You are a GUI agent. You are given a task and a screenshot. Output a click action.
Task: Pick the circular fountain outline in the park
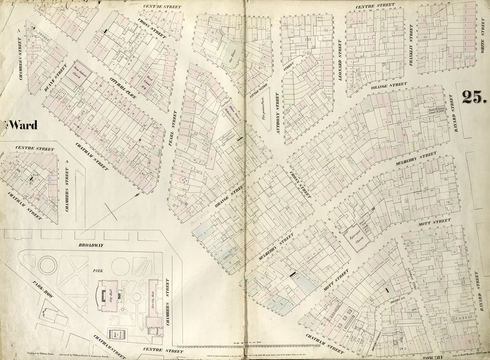point(47,265)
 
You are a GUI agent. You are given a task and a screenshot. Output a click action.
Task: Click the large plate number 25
point(474,97)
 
